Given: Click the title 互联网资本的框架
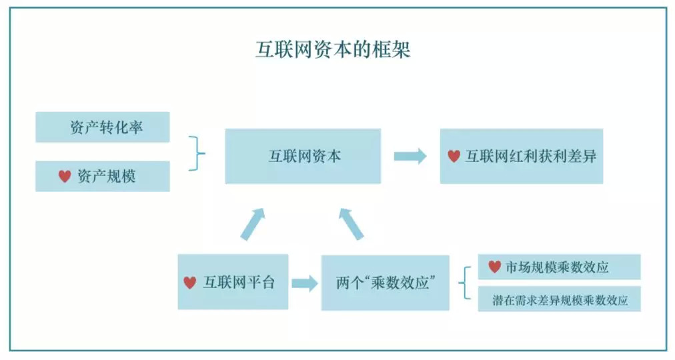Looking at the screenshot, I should point(333,50).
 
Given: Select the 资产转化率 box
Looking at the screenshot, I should point(103,127).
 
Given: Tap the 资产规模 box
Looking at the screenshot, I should point(103,176).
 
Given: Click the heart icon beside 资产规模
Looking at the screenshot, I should point(65,176).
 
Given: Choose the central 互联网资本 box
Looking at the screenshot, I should point(303,156).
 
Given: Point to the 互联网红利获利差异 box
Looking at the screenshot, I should point(522,156).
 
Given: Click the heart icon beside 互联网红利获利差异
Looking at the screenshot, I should point(454,156).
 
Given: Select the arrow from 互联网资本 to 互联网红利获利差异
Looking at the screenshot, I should point(410,156).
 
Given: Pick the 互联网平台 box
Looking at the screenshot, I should point(233,282).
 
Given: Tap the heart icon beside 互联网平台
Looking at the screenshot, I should point(190,282).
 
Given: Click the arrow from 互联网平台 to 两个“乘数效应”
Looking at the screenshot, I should point(305,283).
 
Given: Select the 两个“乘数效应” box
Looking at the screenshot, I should point(385,283).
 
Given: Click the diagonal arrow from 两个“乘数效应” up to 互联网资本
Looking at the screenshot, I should point(352,223).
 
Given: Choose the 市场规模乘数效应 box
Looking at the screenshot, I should point(559,267).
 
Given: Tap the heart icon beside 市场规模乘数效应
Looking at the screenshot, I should point(494,267).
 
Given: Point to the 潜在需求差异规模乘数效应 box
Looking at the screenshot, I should point(559,299).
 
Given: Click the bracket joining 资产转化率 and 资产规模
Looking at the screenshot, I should point(197,153).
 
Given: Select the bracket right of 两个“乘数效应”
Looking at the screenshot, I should point(464,283).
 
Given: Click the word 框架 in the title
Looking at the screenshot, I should point(394,50).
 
